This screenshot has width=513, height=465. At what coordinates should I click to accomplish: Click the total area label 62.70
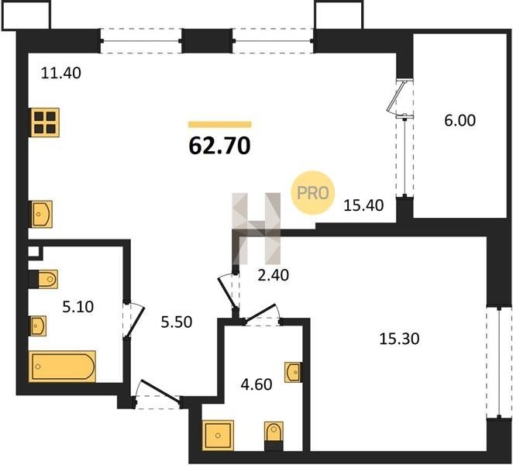pyautogui.click(x=220, y=146)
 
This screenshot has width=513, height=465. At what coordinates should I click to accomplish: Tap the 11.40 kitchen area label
pyautogui.click(x=61, y=73)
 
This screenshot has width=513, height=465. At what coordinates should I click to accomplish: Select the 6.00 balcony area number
pyautogui.click(x=460, y=120)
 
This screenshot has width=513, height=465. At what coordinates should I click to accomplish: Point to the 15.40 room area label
pyautogui.click(x=363, y=205)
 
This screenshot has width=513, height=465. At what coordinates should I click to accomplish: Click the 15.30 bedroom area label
pyautogui.click(x=399, y=339)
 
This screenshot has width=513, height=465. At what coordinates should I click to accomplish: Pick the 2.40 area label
pyautogui.click(x=274, y=275)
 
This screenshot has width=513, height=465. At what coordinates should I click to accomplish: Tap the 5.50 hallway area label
pyautogui.click(x=177, y=322)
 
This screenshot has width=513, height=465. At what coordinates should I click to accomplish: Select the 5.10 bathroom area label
pyautogui.click(x=77, y=307)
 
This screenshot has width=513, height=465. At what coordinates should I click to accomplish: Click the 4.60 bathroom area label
pyautogui.click(x=256, y=384)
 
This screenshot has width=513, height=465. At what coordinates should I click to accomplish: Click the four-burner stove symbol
pyautogui.click(x=45, y=122)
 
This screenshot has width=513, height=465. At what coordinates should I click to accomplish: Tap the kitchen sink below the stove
pyautogui.click(x=42, y=214)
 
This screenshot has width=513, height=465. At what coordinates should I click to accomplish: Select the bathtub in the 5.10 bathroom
pyautogui.click(x=62, y=366)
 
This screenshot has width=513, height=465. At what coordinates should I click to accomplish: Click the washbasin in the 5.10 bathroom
pyautogui.click(x=38, y=325)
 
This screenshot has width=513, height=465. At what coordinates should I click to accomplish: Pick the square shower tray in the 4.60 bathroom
pyautogui.click(x=219, y=436)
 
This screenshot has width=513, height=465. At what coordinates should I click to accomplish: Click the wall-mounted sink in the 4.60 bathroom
pyautogui.click(x=293, y=372)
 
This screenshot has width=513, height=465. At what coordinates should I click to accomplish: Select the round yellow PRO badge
pyautogui.click(x=313, y=193)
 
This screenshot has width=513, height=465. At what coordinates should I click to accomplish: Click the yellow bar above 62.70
pyautogui.click(x=220, y=124)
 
